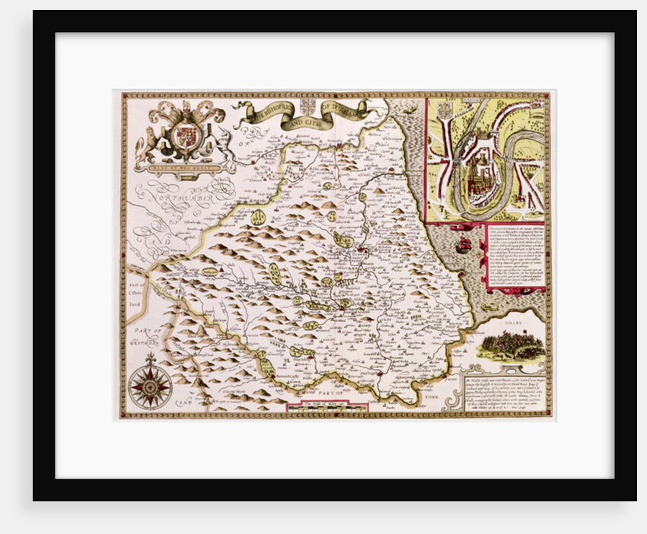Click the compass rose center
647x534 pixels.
point(150,387)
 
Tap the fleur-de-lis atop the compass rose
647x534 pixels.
point(150,358)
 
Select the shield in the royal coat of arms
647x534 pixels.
point(185,138)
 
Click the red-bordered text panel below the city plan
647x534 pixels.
point(515,255)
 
